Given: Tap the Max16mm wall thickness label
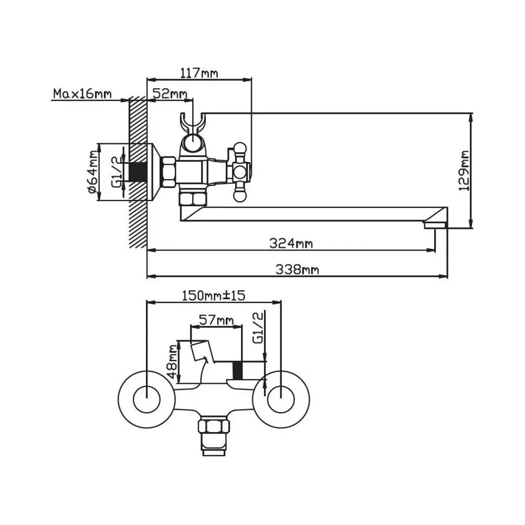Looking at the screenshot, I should (82, 94).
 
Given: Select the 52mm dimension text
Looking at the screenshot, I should (170, 94).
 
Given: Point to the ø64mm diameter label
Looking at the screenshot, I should (93, 172).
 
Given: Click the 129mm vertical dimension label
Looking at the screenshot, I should (464, 171).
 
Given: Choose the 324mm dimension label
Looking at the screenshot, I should (291, 243).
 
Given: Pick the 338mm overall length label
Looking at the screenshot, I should (298, 270).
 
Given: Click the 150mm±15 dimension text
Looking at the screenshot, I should (214, 296).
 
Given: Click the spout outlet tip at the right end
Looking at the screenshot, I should (435, 225).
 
